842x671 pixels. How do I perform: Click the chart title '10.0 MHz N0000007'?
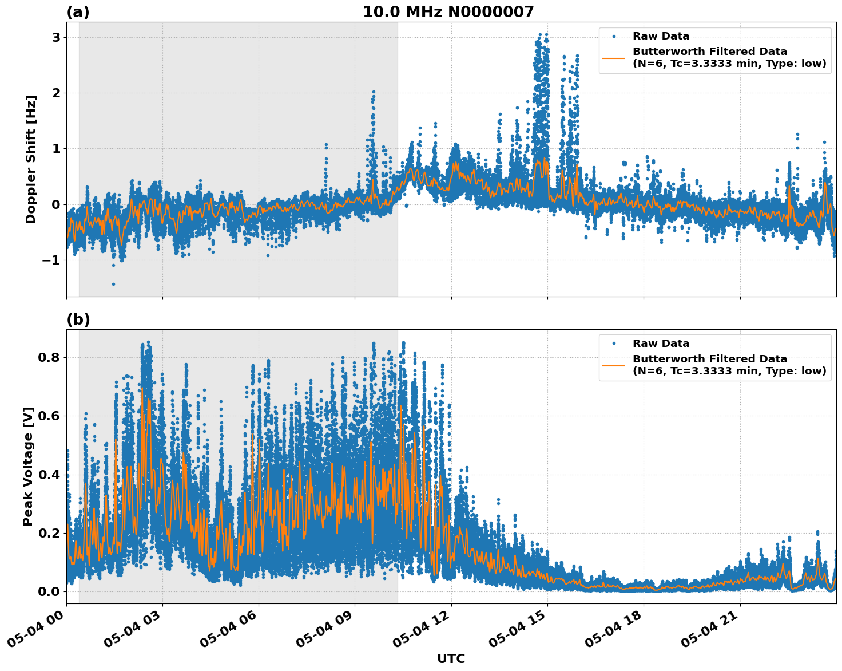point(448,12)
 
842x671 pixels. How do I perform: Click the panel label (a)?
point(78,12)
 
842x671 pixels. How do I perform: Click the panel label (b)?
point(78,319)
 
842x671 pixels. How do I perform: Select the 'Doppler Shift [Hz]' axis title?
point(31,159)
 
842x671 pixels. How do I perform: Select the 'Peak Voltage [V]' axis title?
point(28,466)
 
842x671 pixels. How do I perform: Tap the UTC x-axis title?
point(451,658)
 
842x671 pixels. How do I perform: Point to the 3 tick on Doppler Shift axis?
point(56,37)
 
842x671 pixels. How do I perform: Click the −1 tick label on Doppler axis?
point(50,260)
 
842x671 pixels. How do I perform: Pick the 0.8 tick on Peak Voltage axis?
point(49,357)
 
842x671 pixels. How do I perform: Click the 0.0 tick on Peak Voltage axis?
point(49,591)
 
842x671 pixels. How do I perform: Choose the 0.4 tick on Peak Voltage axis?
point(49,475)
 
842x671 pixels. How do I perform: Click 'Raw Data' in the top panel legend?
point(661,36)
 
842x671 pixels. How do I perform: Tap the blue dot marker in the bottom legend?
point(614,344)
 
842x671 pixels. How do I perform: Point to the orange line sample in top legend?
point(614,57)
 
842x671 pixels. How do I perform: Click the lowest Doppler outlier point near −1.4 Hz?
point(113,284)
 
